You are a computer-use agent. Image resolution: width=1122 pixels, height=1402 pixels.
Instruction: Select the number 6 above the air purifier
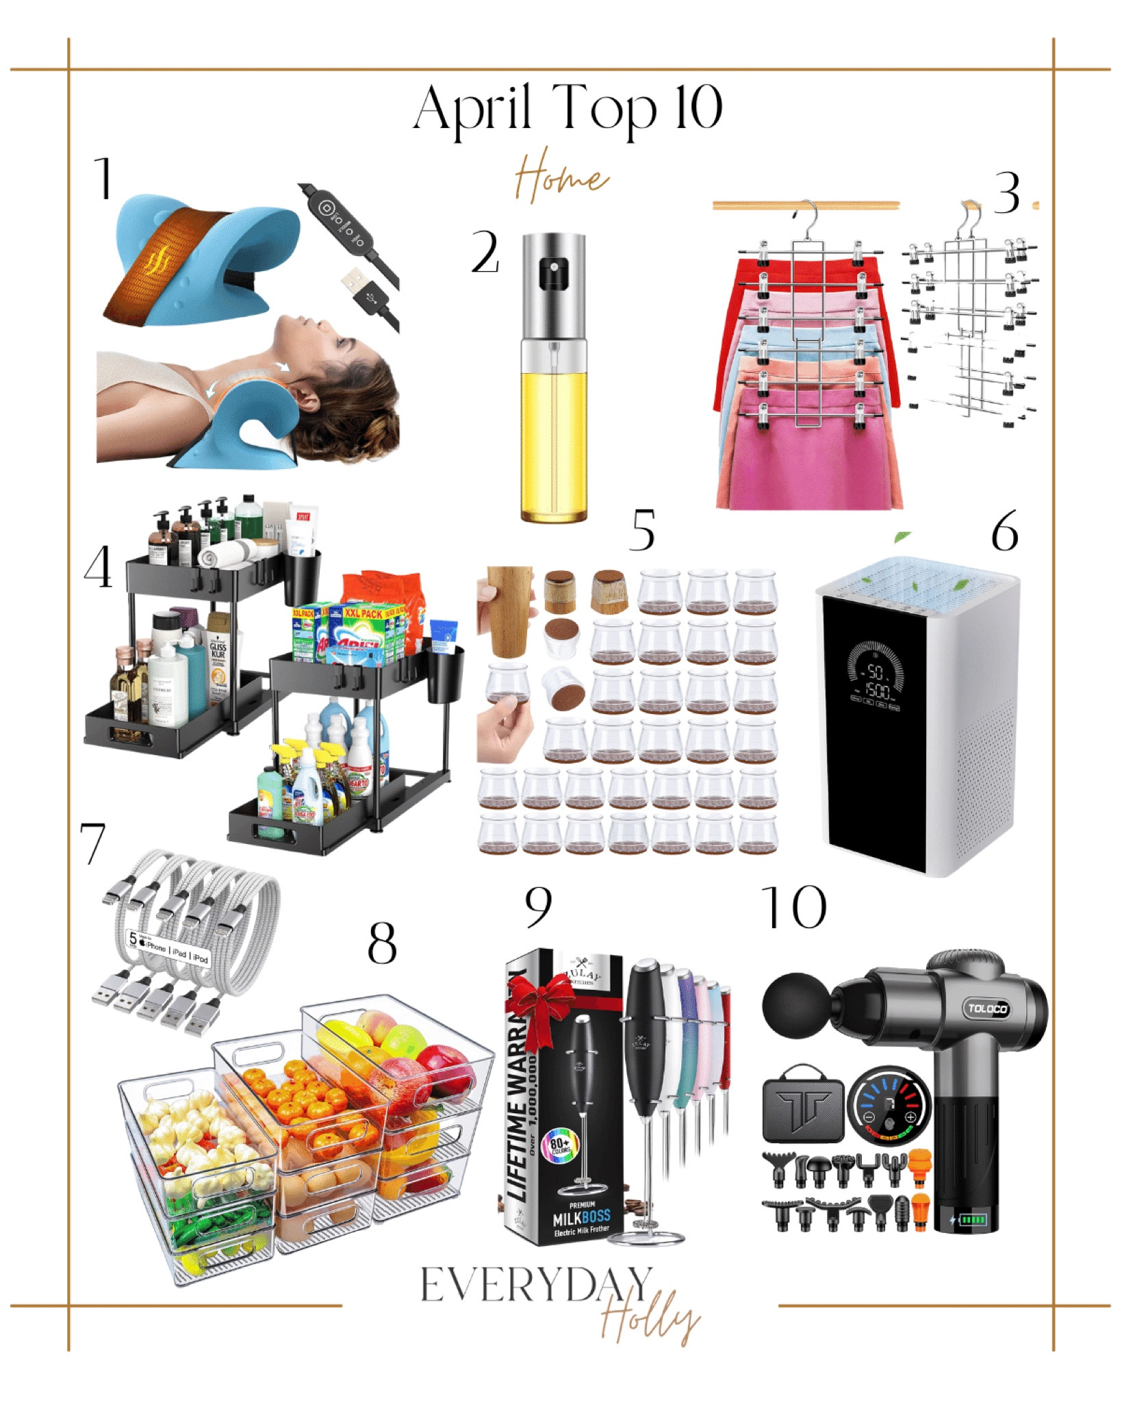(1004, 532)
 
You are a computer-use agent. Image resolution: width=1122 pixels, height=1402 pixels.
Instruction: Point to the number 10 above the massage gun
(794, 907)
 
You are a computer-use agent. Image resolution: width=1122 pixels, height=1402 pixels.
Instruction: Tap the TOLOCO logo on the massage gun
(986, 1008)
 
